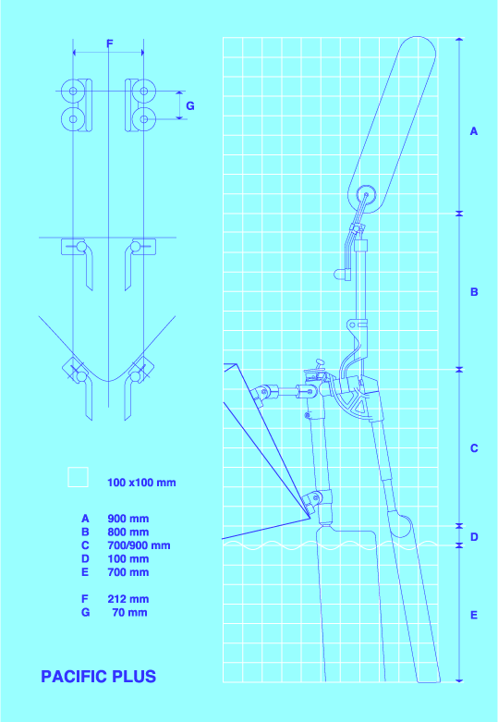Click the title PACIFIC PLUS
tap(99, 677)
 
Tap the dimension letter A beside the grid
tap(474, 131)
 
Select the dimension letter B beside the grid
tap(474, 292)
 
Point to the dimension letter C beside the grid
tap(474, 448)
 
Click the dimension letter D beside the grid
tap(474, 537)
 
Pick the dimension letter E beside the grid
tap(474, 615)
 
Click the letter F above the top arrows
tap(110, 43)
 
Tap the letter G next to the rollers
tap(190, 106)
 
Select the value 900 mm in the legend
tap(128, 519)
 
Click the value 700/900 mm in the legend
tap(139, 545)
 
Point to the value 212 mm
tap(128, 599)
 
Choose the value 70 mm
tap(129, 612)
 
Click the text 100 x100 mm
tap(141, 483)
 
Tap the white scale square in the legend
tap(78, 478)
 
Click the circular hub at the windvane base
tap(367, 195)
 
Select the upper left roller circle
tap(73, 91)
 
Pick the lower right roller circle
tap(143, 119)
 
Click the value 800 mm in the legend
tap(128, 532)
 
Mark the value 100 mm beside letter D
tap(128, 559)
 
